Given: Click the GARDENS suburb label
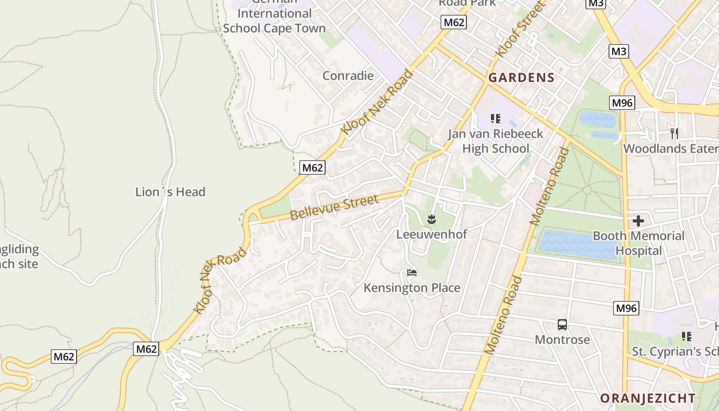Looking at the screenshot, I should (521, 78).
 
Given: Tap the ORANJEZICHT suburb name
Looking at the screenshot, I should (648, 398).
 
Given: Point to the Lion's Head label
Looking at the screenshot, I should (170, 192).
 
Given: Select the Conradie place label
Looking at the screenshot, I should (348, 76).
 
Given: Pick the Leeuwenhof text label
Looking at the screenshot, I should (431, 234).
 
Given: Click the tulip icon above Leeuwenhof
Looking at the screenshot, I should (431, 220).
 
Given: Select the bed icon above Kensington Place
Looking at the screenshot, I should (411, 273).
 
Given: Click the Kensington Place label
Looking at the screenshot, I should (412, 288).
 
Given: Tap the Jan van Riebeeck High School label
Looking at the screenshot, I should (496, 141).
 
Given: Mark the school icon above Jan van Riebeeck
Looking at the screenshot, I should (496, 119).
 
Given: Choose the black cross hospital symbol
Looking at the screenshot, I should (638, 221).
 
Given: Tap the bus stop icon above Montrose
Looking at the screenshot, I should (562, 325).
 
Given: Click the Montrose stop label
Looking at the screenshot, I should (562, 340).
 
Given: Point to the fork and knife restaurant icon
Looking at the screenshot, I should (674, 133).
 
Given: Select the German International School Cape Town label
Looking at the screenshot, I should (274, 21).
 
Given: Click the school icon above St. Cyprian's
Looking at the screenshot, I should (686, 337).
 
